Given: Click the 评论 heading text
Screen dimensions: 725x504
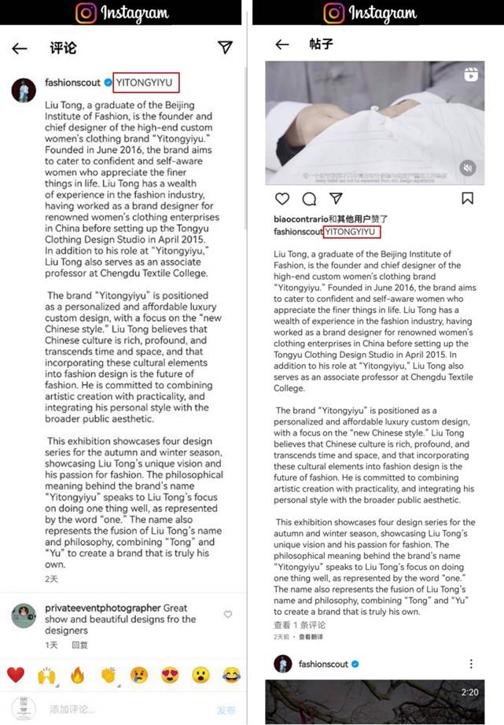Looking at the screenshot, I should (63, 49).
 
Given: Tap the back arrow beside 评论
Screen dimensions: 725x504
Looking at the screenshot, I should (20, 49).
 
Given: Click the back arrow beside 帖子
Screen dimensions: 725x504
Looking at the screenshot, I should (281, 45).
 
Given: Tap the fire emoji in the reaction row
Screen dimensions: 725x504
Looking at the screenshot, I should (77, 674).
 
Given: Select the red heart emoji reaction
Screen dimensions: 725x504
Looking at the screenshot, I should (15, 674).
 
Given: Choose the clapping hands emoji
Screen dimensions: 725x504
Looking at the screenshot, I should (108, 674).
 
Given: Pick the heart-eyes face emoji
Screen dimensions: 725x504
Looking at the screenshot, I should (169, 674).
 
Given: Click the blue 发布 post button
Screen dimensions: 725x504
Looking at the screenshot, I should (226, 709).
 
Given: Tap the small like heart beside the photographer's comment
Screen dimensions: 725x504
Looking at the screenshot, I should (228, 614).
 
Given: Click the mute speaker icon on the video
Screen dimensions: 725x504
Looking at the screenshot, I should (467, 167).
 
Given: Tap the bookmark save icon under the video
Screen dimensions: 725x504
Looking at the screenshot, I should (467, 198).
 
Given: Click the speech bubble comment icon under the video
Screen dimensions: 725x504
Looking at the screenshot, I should (309, 198).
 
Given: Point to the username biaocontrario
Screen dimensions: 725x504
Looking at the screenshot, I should (300, 219).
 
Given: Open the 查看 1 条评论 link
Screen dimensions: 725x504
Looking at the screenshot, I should (300, 625).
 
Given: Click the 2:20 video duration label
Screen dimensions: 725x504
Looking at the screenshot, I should (470, 692).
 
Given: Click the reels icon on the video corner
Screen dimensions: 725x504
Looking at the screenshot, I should (470, 75).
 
